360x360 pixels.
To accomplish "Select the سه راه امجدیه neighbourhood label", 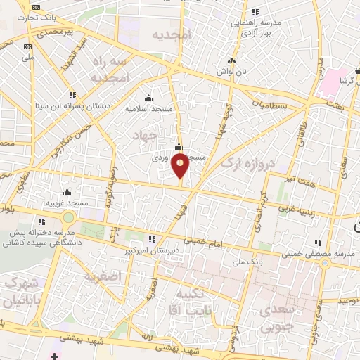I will coord(110,70).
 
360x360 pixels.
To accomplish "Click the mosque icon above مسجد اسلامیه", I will coord(148,98).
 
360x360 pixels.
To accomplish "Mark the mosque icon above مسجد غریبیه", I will coord(67,192).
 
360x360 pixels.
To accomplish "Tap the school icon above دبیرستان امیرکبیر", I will coord(152,240).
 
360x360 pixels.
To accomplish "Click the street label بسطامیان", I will coord(266,103).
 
